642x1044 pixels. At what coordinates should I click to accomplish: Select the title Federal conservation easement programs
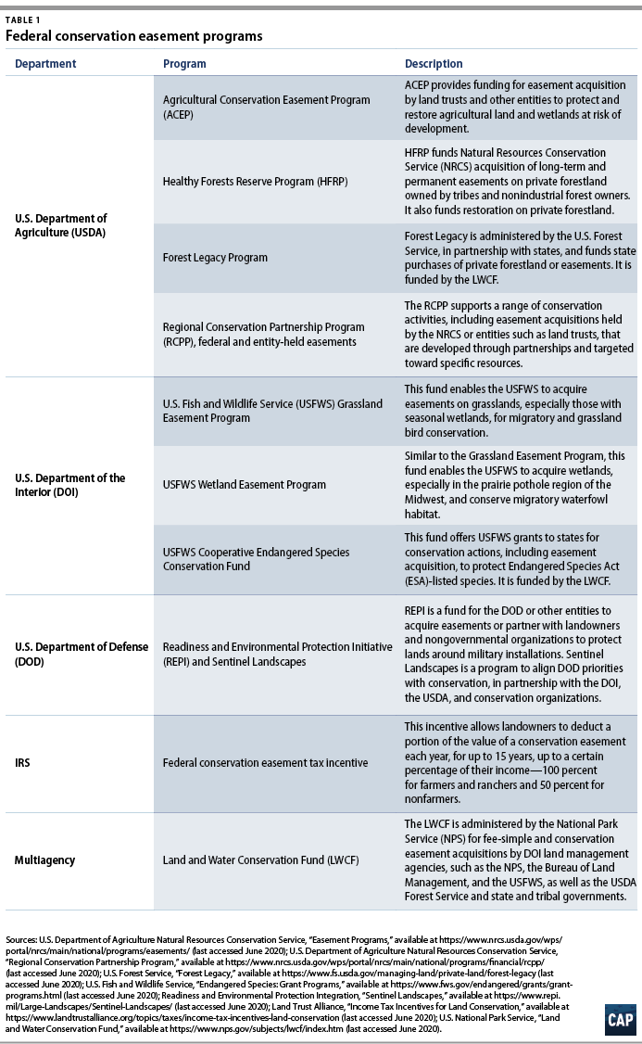pyautogui.click(x=134, y=36)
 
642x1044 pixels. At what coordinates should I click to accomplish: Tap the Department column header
pyautogui.click(x=45, y=64)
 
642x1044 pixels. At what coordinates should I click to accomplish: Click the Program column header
pyautogui.click(x=184, y=64)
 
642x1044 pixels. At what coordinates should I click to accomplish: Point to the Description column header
pyautogui.click(x=434, y=64)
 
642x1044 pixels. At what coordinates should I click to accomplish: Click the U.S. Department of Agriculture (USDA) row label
pyautogui.click(x=61, y=225)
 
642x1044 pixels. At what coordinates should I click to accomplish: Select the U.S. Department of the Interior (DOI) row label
pyautogui.click(x=69, y=485)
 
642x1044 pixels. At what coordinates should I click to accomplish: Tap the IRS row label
pyautogui.click(x=25, y=763)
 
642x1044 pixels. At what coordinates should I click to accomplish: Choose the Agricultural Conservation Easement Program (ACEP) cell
pyautogui.click(x=267, y=107)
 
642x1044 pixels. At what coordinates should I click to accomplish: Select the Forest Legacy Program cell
pyautogui.click(x=215, y=258)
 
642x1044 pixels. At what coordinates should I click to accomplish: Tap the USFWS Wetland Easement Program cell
pyautogui.click(x=245, y=485)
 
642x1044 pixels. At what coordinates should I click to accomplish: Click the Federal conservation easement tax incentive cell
pyautogui.click(x=265, y=763)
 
